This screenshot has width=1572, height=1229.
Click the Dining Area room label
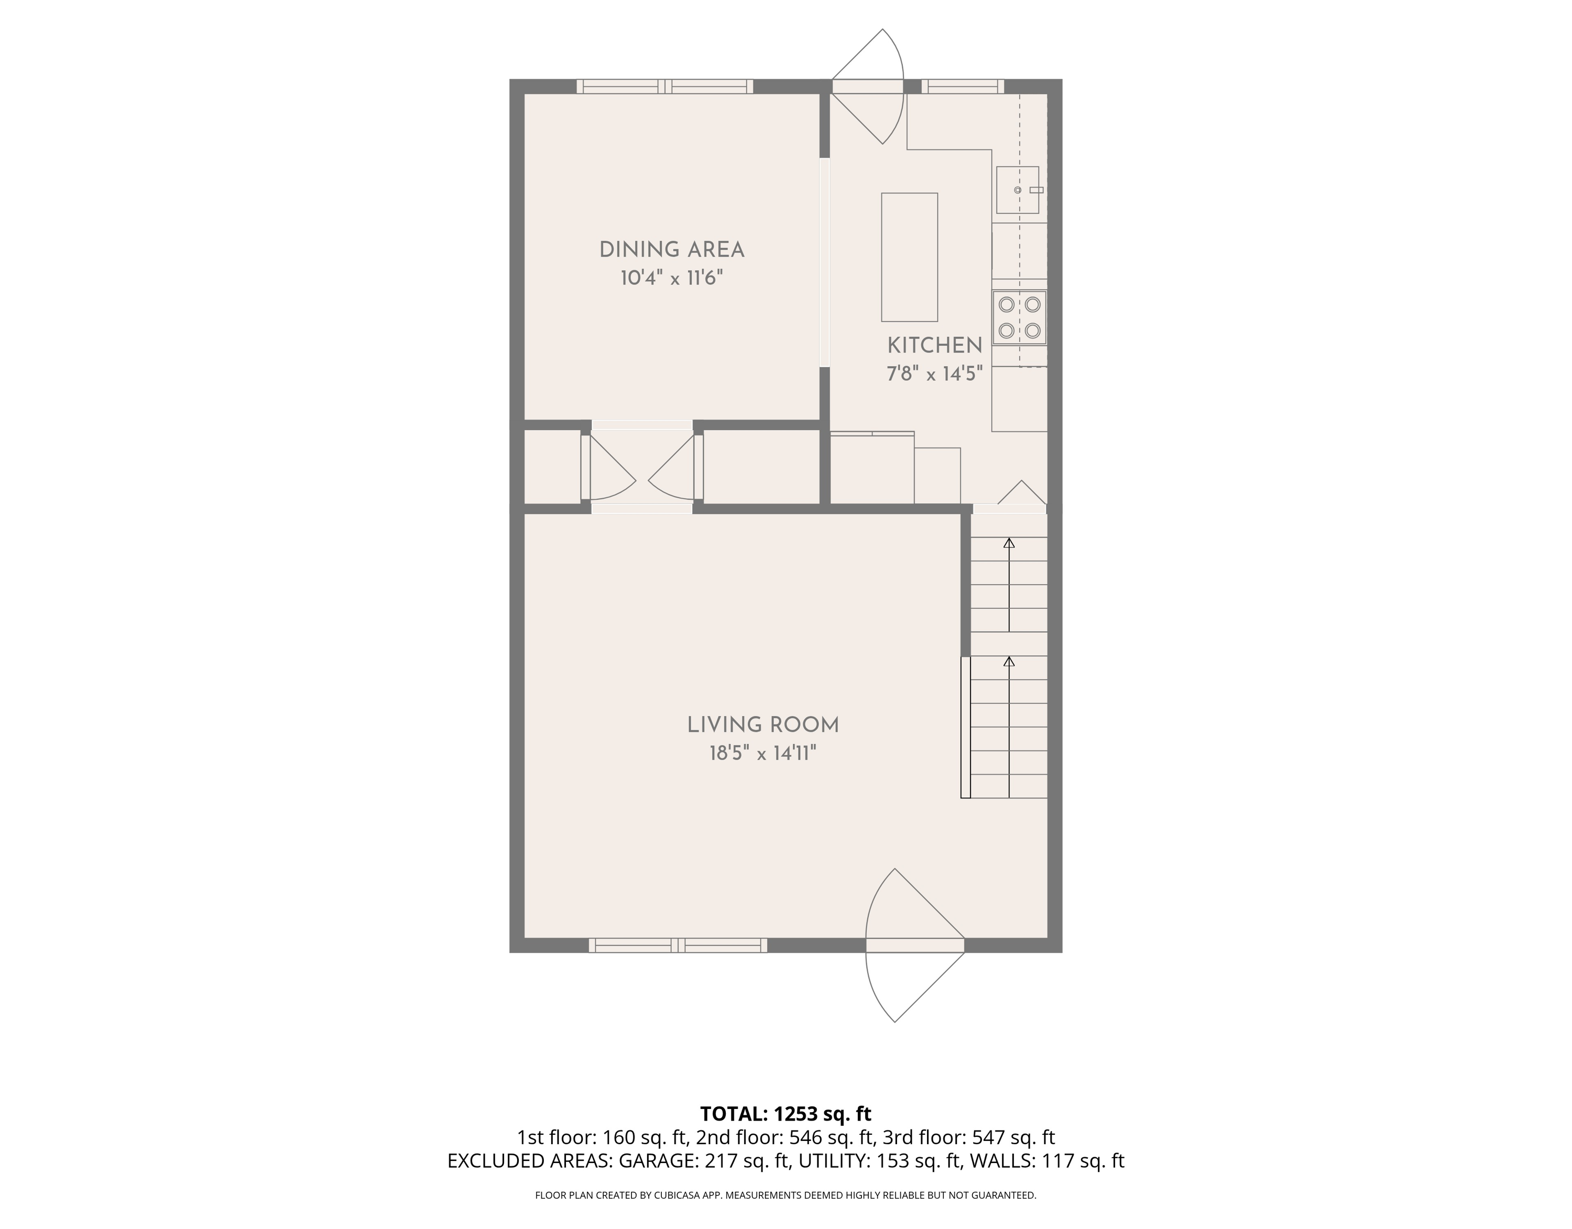672,250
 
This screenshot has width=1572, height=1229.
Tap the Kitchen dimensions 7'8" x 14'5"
934,374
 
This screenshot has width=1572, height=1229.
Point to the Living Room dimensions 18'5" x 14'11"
763,753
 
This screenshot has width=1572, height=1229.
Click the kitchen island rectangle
910,257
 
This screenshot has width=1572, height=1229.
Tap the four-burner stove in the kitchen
1019,317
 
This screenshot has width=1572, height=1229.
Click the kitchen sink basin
1018,190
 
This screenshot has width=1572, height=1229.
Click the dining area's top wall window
665,86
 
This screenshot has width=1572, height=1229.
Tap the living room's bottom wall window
678,946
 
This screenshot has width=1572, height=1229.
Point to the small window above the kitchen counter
963,86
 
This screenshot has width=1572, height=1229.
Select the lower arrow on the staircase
1009,727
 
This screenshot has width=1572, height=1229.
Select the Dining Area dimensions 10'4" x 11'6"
672,279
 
